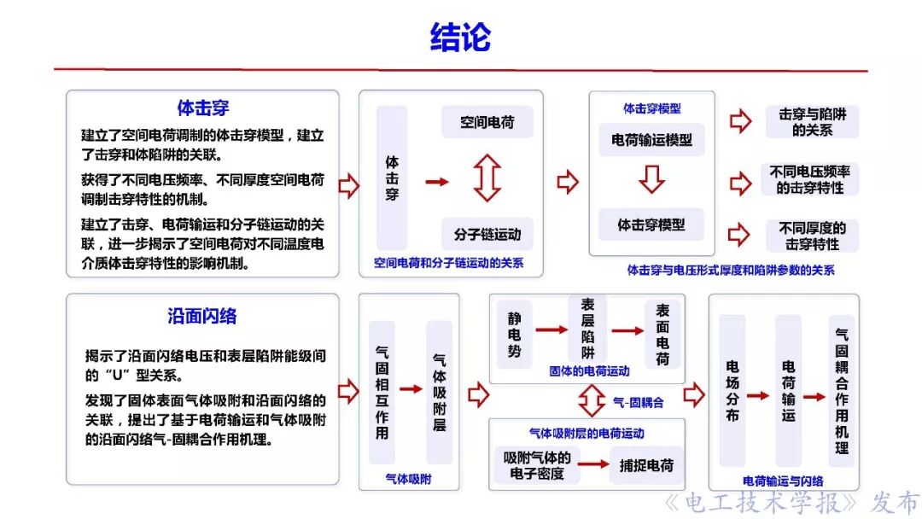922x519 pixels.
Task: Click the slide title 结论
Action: coord(460,38)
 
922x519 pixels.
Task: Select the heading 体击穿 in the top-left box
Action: coord(202,108)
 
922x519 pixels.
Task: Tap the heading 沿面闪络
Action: coord(202,316)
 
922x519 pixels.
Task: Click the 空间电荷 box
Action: coord(487,122)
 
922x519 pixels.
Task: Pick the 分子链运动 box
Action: coord(487,233)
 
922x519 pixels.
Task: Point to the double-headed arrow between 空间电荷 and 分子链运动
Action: coord(487,178)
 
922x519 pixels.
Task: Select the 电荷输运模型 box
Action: coord(651,139)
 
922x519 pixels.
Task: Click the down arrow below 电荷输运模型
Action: coord(651,180)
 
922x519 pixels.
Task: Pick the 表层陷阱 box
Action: coord(587,329)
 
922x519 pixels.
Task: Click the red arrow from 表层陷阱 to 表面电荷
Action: coord(627,330)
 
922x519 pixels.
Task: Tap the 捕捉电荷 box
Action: coord(646,465)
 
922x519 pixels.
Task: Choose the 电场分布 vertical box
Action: coord(732,392)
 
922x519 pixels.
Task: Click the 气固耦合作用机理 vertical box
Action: coord(842,392)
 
